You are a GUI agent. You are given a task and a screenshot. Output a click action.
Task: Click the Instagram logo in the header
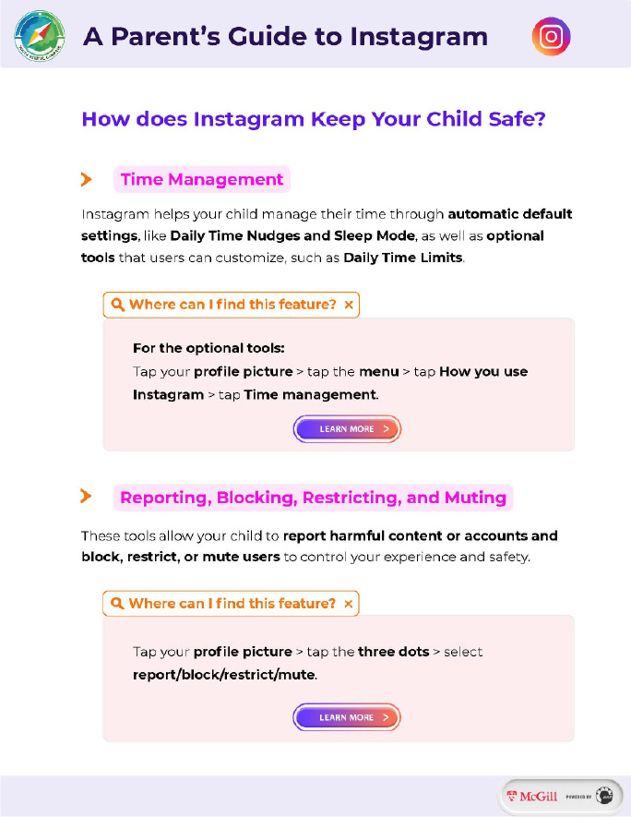tap(552, 37)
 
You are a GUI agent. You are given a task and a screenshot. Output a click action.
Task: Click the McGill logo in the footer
tap(531, 795)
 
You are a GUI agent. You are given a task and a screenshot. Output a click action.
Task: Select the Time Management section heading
tap(201, 179)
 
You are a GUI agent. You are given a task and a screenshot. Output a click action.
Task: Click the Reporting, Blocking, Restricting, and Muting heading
tap(313, 498)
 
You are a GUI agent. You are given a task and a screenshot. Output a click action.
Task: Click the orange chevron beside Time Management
tap(87, 179)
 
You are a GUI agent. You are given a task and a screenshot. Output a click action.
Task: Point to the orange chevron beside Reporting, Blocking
tap(87, 497)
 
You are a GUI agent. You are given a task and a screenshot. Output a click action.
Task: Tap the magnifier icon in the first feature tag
tap(117, 305)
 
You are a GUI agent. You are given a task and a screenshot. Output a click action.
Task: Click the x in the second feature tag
tap(348, 604)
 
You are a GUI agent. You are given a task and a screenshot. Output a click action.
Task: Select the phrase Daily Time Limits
tap(402, 258)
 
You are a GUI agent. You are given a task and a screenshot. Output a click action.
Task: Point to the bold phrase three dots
tap(394, 652)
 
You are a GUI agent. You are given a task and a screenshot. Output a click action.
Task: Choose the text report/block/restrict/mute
tap(224, 675)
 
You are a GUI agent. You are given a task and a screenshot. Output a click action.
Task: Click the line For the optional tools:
tap(208, 348)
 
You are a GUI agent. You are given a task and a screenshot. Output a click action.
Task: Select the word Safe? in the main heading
tap(518, 119)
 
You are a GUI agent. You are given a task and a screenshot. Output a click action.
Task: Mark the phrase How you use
tap(483, 372)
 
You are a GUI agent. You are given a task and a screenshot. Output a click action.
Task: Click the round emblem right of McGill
tap(604, 795)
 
